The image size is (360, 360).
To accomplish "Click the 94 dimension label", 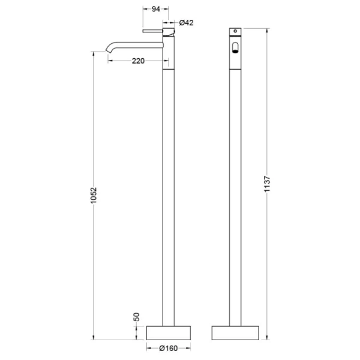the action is click(x=156, y=9).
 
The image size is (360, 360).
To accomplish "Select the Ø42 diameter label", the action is click(x=186, y=23).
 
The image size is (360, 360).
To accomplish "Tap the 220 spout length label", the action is click(x=138, y=61).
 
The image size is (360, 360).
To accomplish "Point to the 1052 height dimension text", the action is click(x=94, y=196).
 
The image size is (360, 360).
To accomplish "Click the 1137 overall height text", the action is click(x=267, y=184).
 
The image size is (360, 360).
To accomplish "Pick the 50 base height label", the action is click(x=136, y=317).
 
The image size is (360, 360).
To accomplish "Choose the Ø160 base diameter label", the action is click(x=169, y=348).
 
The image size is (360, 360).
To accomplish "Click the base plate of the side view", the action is click(x=169, y=333).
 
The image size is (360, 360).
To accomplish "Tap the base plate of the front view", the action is click(x=235, y=333).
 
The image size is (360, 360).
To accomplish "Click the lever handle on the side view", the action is click(x=152, y=31).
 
